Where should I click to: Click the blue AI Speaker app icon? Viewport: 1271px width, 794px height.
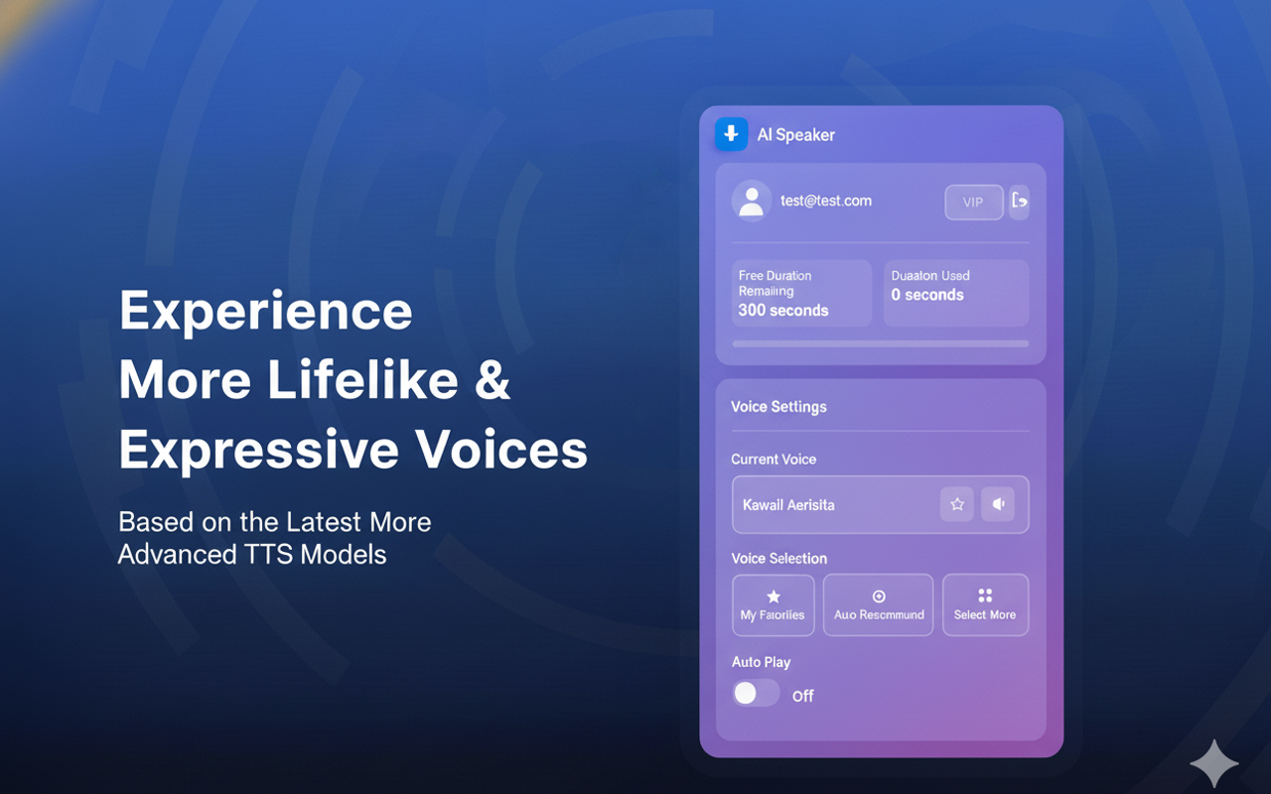731,134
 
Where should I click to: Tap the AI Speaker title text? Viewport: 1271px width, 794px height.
795,135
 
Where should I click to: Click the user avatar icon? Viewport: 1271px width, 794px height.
751,200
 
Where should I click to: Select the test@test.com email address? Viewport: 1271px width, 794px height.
825,200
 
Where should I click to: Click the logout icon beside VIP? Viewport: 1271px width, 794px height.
1019,201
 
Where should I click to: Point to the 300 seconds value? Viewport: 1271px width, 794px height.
782,311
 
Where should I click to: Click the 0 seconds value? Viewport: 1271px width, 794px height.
926,295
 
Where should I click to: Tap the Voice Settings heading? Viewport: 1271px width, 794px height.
778,407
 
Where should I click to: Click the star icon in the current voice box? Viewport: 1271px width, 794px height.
957,504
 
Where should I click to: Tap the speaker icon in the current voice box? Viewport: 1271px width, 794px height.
998,504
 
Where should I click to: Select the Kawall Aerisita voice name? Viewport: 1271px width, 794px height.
788,505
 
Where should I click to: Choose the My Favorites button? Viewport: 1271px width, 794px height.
773,604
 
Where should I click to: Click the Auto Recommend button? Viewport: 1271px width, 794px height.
878,604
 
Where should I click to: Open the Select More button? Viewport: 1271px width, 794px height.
985,604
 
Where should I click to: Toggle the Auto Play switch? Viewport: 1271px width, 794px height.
756,693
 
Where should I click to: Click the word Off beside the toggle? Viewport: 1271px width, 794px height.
802,696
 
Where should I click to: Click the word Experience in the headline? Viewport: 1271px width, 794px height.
265,312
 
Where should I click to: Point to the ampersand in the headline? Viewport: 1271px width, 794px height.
492,380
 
